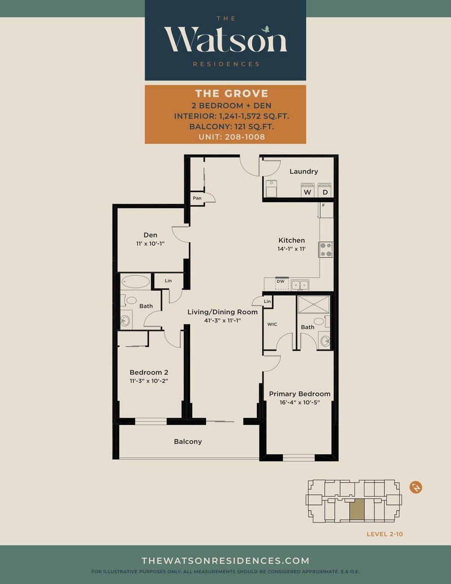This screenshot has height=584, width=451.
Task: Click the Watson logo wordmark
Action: pyautogui.click(x=225, y=40)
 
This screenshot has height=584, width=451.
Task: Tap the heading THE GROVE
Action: pyautogui.click(x=232, y=93)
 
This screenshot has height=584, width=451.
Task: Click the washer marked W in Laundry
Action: pyautogui.click(x=308, y=190)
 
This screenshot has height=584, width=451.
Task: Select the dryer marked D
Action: pyautogui.click(x=325, y=190)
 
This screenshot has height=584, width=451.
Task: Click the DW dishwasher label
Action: pyautogui.click(x=280, y=281)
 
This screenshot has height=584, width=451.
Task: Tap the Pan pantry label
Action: pyautogui.click(x=197, y=198)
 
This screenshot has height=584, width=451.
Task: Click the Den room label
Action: pyautogui.click(x=151, y=235)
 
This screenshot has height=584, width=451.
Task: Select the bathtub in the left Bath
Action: pyautogui.click(x=136, y=281)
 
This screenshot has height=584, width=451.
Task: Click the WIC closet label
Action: pyautogui.click(x=272, y=324)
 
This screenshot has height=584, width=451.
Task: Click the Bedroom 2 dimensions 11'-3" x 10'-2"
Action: pyautogui.click(x=149, y=381)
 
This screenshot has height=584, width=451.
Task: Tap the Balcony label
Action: pyautogui.click(x=187, y=442)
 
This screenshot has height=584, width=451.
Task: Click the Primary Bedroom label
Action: pyautogui.click(x=300, y=394)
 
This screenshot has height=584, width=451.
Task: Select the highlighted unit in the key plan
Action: pyautogui.click(x=357, y=509)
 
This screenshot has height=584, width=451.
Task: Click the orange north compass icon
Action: pyautogui.click(x=416, y=487)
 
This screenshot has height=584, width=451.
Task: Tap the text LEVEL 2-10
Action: pyautogui.click(x=385, y=534)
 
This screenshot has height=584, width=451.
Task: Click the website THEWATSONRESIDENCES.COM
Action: pyautogui.click(x=225, y=561)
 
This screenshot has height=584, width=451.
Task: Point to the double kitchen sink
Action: pyautogui.click(x=300, y=285)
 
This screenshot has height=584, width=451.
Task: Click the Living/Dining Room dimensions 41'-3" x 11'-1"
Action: pyautogui.click(x=222, y=320)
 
